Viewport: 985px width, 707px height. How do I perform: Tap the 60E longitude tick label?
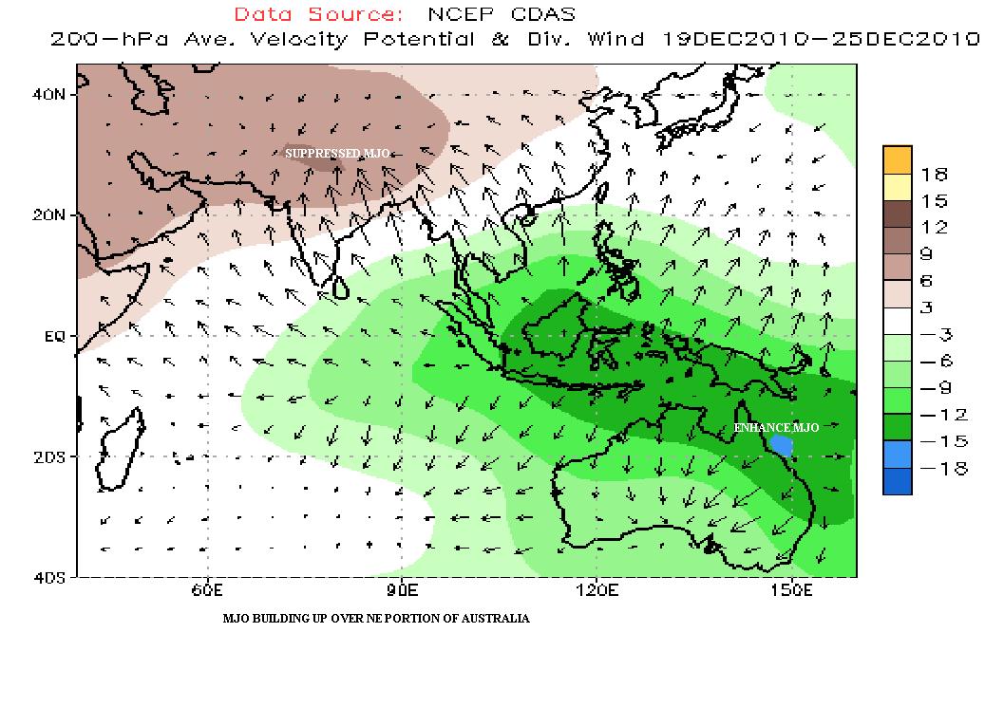(205, 591)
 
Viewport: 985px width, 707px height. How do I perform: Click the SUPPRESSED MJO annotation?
(337, 153)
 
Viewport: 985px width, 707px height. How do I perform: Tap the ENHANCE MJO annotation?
(776, 428)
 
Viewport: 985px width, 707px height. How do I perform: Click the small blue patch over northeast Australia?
(781, 443)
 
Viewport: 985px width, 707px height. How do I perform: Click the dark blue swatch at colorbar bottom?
(897, 481)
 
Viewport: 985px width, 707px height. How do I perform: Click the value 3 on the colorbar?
(926, 307)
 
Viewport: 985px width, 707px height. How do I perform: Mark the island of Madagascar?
(119, 446)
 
